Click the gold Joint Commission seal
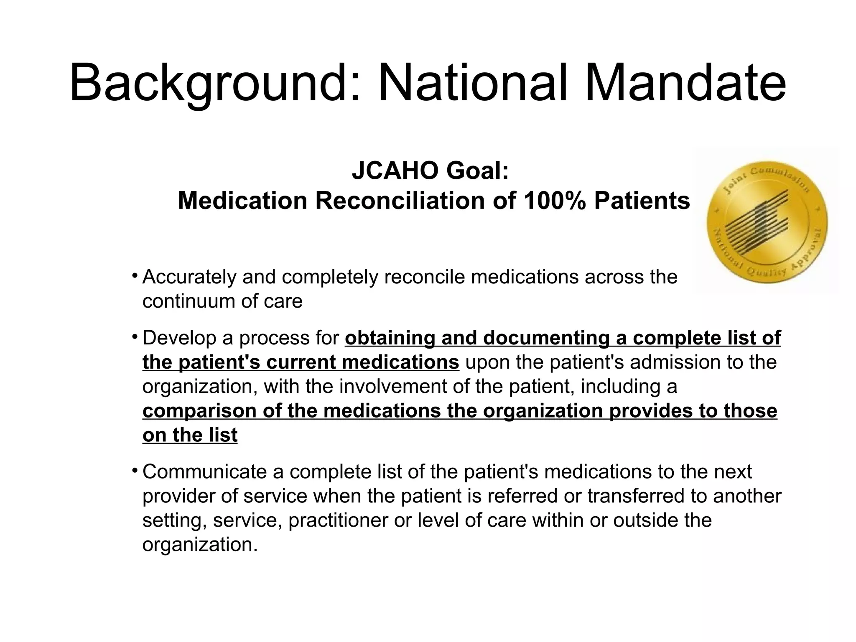(x=767, y=222)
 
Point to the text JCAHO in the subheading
(x=395, y=171)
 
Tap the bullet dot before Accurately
(x=134, y=276)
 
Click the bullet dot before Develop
(x=134, y=337)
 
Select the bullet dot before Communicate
(x=134, y=471)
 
